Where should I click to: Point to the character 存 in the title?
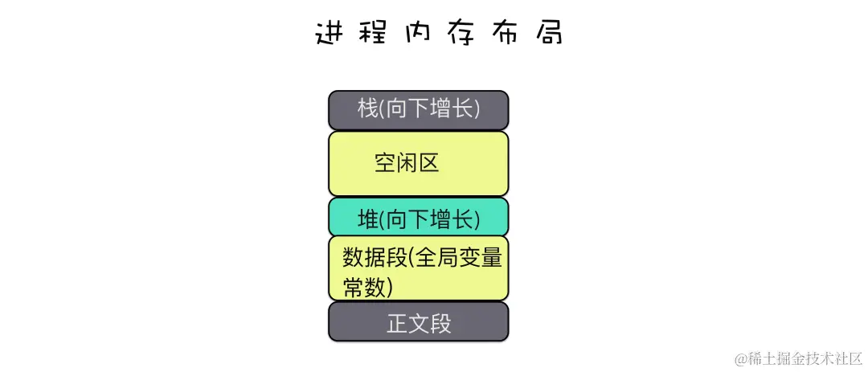coord(457,33)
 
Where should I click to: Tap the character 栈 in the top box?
coord(367,109)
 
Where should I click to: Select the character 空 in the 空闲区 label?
coord(385,163)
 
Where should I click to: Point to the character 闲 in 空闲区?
coord(407,163)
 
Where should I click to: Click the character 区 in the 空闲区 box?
coord(428,163)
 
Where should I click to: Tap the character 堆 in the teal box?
coord(367,218)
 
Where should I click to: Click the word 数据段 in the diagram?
coord(375,258)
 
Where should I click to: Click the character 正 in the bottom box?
coord(397,323)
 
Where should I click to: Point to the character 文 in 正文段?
coord(419,323)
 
